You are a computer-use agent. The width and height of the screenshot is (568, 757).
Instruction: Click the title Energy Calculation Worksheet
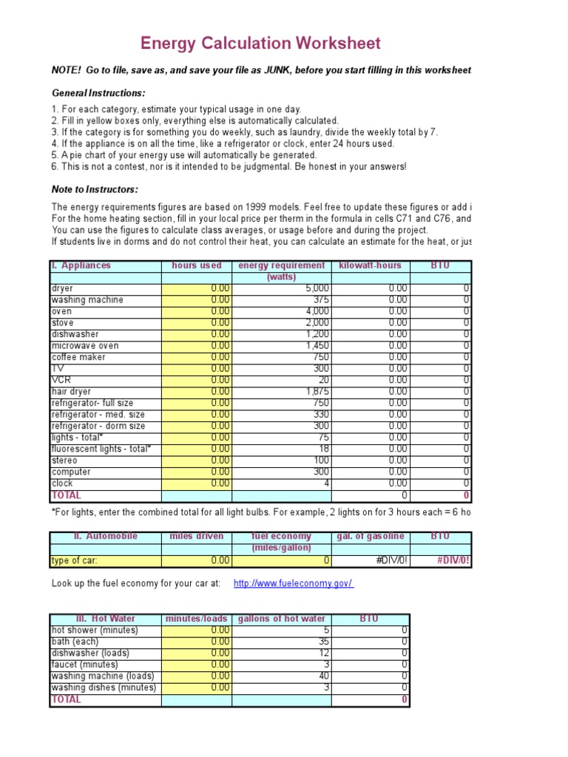click(260, 44)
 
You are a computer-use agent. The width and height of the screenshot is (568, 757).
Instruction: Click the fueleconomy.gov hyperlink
click(294, 583)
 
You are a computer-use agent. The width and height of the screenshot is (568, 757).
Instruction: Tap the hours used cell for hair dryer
click(197, 392)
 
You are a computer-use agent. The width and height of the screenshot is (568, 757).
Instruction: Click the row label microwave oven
click(84, 346)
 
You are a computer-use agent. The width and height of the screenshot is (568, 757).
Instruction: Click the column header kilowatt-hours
click(370, 265)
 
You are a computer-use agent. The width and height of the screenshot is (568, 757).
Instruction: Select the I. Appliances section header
click(81, 265)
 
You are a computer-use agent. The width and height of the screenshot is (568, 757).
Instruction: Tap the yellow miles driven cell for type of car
click(197, 560)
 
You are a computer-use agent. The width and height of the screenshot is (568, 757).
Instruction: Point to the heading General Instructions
click(98, 93)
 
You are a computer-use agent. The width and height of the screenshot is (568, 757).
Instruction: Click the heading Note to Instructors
click(95, 190)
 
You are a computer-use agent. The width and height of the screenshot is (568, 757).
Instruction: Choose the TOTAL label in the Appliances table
click(66, 495)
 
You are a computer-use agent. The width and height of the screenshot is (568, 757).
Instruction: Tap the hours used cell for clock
click(197, 483)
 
